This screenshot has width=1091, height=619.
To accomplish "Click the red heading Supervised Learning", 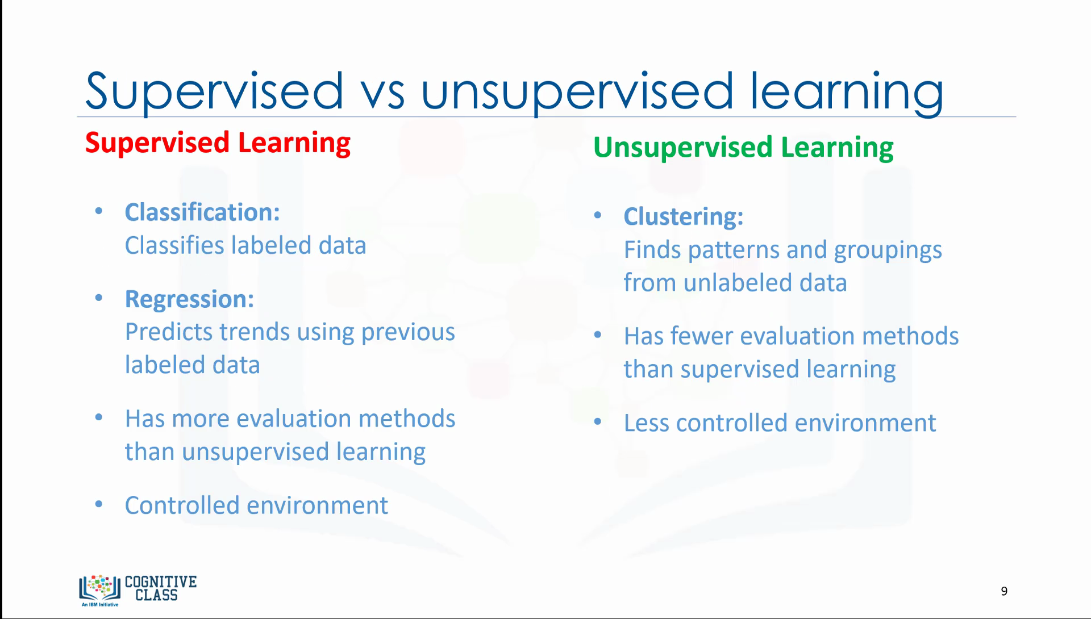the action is tap(218, 143).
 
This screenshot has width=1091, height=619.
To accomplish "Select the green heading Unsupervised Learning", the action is tap(743, 148).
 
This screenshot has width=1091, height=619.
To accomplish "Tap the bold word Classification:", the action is tap(202, 212).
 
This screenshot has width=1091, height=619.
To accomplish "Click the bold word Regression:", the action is tap(189, 300).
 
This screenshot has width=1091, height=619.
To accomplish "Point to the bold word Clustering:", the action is tap(684, 217).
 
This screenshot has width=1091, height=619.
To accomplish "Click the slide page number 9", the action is tap(1004, 591).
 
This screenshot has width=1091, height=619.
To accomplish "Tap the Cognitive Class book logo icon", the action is tap(100, 588).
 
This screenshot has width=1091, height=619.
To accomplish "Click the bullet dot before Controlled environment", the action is tap(99, 504).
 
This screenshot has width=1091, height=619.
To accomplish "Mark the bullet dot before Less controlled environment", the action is tap(597, 422).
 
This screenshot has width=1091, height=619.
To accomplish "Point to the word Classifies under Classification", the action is tap(174, 245).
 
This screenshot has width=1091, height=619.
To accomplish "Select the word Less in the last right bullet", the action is tap(646, 423).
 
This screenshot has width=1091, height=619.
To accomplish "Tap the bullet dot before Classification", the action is tap(99, 211).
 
